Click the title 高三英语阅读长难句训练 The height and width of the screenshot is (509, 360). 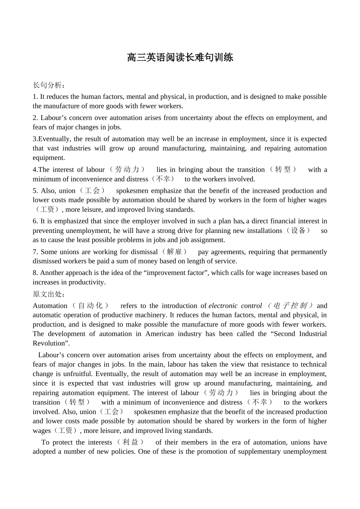point(180,58)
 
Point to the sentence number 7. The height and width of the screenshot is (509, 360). point(35,252)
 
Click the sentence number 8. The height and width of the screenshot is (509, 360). point(35,273)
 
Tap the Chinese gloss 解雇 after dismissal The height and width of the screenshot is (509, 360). point(174,252)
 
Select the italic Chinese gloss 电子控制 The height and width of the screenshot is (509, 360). point(290,306)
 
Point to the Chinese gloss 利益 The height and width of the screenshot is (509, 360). point(130,442)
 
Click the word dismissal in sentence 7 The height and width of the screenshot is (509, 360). point(144,252)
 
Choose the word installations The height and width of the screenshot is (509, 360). point(265,231)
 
